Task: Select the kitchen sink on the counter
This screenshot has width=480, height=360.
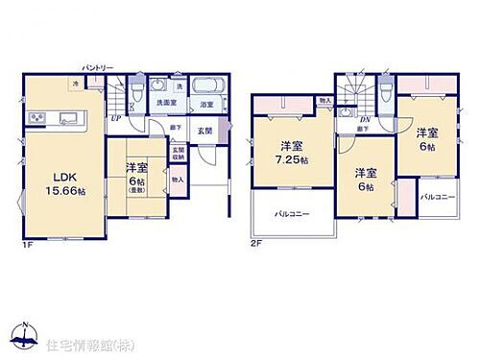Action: coord(70,118)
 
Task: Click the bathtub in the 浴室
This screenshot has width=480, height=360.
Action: coord(205,84)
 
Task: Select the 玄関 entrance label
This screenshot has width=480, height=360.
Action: coord(204,130)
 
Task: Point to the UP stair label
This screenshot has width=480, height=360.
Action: coord(116,117)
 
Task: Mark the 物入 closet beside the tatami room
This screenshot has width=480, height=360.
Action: coord(178,179)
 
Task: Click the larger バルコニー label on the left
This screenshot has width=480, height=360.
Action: coord(292,213)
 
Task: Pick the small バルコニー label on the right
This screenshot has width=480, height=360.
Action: coord(438,196)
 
